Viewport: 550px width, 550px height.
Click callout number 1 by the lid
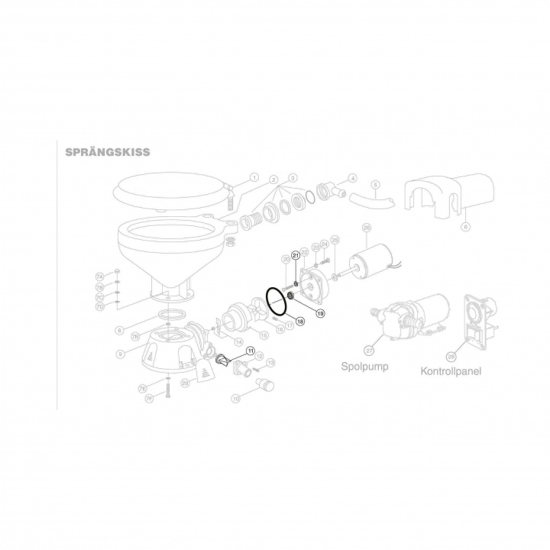[x=254, y=176]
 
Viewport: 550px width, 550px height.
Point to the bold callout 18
[x=300, y=322]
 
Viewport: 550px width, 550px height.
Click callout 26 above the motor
[x=366, y=228]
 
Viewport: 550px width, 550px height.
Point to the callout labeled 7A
[x=99, y=275]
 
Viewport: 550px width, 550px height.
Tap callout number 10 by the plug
[x=236, y=398]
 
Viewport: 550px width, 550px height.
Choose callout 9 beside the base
[x=120, y=354]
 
